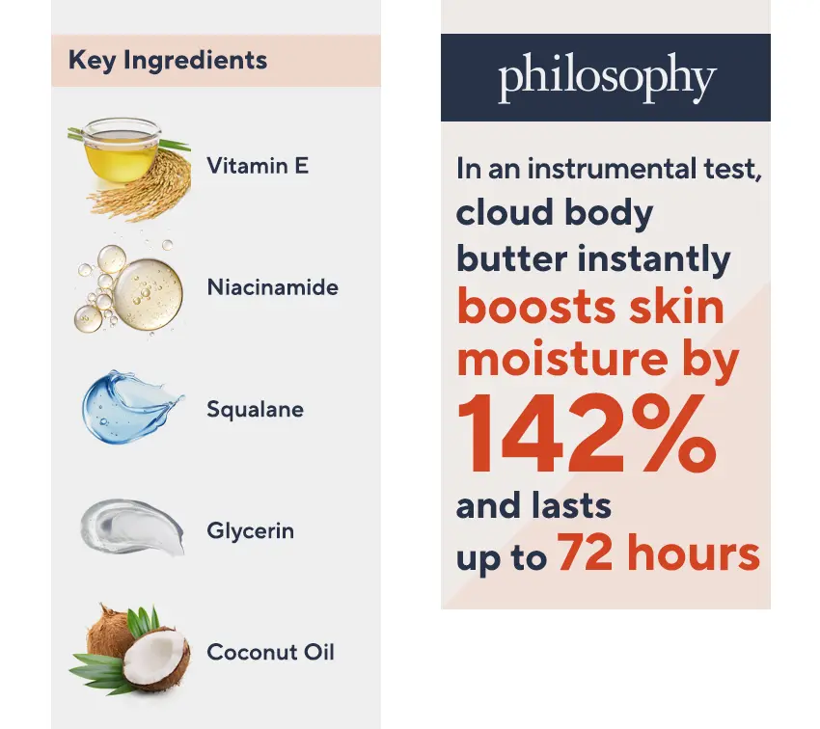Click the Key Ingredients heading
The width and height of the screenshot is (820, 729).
(x=168, y=61)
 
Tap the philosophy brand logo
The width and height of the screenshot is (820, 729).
(x=607, y=77)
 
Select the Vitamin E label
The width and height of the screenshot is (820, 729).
(x=258, y=166)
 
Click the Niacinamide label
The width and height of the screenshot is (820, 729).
(x=272, y=287)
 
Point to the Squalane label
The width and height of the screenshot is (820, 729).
(x=256, y=409)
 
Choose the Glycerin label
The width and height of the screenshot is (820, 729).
(x=251, y=531)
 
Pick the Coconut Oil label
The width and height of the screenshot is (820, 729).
(x=270, y=652)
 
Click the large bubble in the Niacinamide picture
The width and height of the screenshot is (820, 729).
(x=149, y=294)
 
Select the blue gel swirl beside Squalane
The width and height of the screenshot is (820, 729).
(x=128, y=407)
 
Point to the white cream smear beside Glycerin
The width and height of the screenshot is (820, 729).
(x=132, y=526)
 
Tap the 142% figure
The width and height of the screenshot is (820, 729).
(x=587, y=435)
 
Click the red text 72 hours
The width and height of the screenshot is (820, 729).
(x=659, y=553)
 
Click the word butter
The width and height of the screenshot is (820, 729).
(x=511, y=258)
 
